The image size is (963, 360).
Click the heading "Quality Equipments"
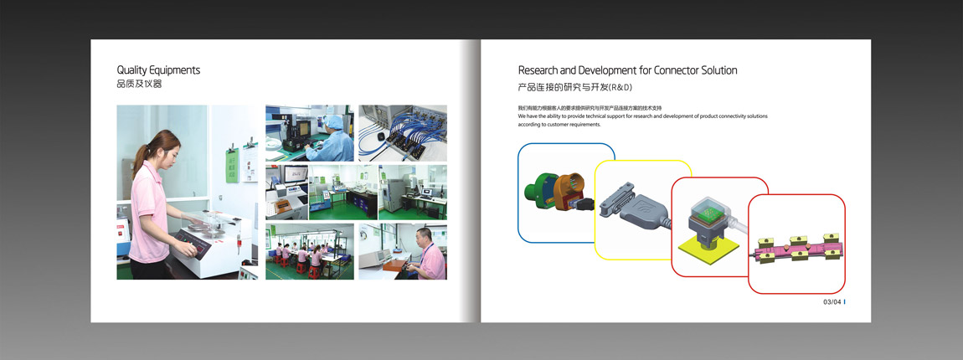click(x=158, y=70)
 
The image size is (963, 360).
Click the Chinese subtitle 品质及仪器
click(x=139, y=85)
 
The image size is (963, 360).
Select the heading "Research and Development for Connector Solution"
click(x=628, y=70)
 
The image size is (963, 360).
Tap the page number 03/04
click(x=833, y=301)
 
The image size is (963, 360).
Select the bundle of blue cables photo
click(x=403, y=132)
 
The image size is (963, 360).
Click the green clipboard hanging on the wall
click(x=232, y=166)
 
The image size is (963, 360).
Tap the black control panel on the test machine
click(x=193, y=244)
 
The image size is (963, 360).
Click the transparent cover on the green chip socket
click(x=707, y=208)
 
